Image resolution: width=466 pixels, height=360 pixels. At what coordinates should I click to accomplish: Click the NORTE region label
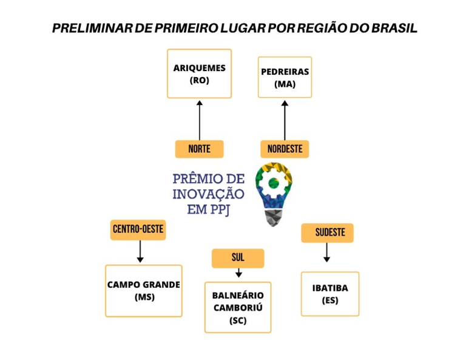(199, 149)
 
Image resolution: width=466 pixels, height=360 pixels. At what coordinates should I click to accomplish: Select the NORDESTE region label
(285, 149)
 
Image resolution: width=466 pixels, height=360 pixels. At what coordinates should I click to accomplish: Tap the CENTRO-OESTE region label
(138, 230)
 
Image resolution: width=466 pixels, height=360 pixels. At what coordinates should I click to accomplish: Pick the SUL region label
(238, 258)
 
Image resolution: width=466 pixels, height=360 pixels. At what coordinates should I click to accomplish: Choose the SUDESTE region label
(327, 233)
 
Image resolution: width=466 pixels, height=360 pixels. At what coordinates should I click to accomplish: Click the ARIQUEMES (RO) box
(199, 73)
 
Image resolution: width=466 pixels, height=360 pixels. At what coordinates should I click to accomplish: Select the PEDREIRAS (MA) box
(285, 77)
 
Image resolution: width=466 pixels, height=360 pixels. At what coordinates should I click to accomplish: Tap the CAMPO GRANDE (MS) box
(144, 291)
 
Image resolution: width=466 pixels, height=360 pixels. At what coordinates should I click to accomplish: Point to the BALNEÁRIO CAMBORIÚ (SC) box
(238, 307)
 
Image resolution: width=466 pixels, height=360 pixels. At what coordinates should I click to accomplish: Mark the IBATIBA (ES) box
(330, 294)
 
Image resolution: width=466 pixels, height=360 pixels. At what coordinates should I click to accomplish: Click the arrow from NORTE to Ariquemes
(199, 120)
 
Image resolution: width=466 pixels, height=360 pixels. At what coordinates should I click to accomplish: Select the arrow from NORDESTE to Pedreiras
(285, 120)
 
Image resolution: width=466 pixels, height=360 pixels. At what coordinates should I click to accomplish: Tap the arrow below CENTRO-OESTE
(140, 251)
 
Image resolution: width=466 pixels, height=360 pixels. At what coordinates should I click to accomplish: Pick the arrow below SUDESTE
(326, 252)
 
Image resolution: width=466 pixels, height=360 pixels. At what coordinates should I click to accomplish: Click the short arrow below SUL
(238, 273)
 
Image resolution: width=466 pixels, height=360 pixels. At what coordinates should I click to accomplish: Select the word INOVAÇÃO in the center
(209, 194)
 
